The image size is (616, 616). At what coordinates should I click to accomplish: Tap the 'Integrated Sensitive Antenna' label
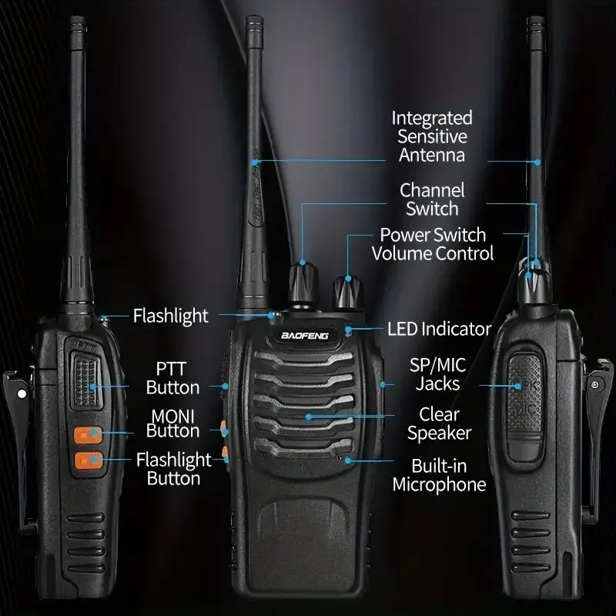(431, 136)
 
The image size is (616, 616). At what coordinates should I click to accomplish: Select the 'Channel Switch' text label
(432, 199)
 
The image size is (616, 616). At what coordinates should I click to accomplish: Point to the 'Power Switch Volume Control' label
(433, 243)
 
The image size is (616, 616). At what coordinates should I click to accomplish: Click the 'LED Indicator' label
(440, 329)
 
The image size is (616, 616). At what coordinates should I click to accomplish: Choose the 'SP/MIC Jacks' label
(437, 373)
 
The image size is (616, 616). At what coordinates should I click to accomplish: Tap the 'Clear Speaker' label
(439, 423)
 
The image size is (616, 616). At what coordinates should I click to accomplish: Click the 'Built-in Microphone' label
(439, 474)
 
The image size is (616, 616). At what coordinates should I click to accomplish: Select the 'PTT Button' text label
(172, 377)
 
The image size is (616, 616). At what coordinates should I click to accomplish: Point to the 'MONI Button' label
(172, 423)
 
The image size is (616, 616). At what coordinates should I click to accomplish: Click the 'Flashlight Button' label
(173, 469)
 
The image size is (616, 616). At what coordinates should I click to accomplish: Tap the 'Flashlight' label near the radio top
(170, 315)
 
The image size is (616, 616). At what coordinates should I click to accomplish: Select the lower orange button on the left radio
(87, 462)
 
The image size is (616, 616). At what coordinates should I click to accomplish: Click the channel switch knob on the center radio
(302, 284)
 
